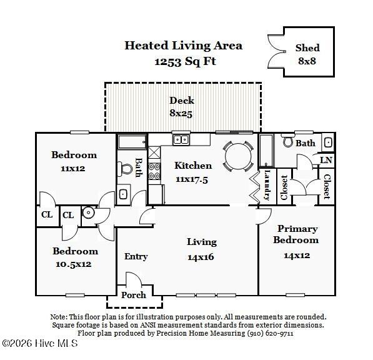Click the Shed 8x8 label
click(307, 54)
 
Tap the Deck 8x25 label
click(182, 107)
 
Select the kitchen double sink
click(181, 140)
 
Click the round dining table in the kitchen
click(238, 156)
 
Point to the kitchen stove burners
click(154, 171)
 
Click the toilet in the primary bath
click(288, 141)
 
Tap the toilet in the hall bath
click(125, 169)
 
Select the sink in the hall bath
click(123, 194)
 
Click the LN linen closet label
click(326, 160)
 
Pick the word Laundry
click(267, 186)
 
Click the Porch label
click(134, 295)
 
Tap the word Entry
click(136, 256)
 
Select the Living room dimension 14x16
click(201, 257)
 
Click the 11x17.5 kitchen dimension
click(192, 179)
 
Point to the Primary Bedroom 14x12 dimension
click(297, 256)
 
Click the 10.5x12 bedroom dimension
click(74, 264)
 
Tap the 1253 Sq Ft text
click(185, 61)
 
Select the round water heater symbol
click(89, 212)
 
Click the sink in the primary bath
click(328, 142)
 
